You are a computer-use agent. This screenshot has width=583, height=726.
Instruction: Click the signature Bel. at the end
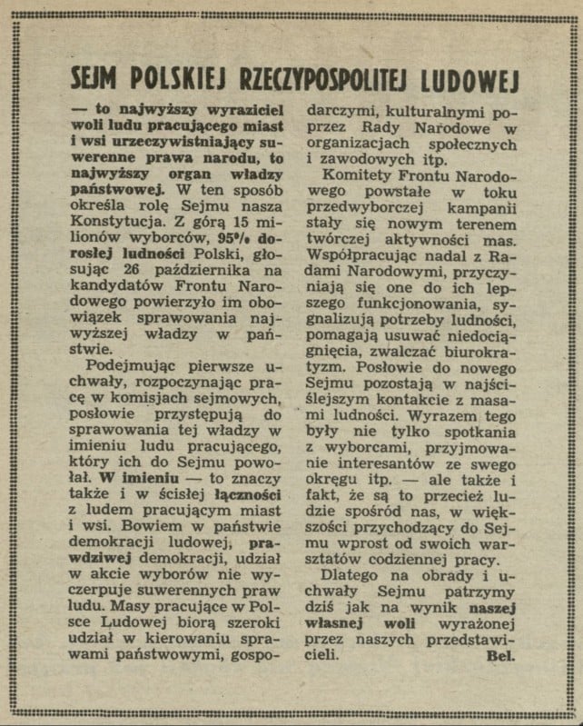coord(500,657)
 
